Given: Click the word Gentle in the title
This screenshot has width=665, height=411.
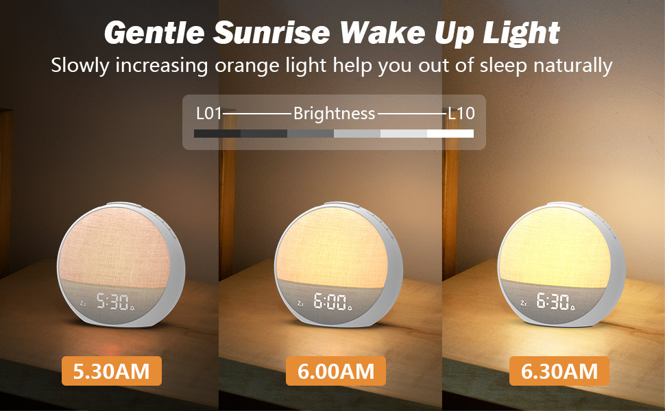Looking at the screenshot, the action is tap(154, 34).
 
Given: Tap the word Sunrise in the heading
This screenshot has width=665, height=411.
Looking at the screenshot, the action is tap(271, 33).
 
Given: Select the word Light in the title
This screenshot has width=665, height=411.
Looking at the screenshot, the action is tap(522, 34).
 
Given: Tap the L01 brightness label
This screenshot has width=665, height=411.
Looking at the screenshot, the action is tap(209, 114).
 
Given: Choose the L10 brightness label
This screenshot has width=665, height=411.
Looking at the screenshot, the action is tap(461, 114).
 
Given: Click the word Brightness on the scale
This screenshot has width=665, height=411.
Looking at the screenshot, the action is tap(334, 114).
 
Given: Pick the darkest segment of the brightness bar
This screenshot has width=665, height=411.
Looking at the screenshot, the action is tap(217, 134).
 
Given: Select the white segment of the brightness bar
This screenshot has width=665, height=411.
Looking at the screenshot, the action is tap(450, 134).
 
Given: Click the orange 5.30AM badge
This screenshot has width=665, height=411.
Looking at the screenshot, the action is tap(112, 371).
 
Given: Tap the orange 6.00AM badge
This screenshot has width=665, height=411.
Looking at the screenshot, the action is tap(336, 371).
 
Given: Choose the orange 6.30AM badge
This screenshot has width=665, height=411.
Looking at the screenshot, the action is tap(559, 371).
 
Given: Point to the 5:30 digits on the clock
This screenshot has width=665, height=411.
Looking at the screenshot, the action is tap(112, 301).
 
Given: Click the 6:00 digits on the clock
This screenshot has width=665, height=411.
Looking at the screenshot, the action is tap(330, 301).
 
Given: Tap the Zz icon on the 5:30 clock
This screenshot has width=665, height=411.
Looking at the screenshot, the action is tap(83, 303).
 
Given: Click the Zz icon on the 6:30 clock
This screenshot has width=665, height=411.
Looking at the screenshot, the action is tap(523, 303).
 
